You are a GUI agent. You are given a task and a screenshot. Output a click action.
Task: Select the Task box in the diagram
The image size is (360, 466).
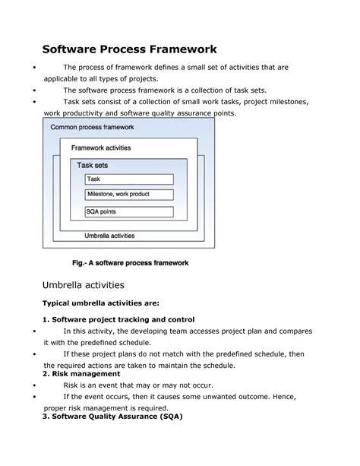coord(129,179)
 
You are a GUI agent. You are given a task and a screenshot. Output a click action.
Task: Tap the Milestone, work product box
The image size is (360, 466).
coord(129,195)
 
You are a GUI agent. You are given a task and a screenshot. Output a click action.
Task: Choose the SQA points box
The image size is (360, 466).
coord(129,212)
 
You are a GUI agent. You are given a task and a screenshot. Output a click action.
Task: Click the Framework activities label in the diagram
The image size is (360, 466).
coord(101,147)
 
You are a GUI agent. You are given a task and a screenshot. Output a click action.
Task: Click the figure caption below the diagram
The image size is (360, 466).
coord(130,263)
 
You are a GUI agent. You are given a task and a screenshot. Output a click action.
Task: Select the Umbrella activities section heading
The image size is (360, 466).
coord(84,285)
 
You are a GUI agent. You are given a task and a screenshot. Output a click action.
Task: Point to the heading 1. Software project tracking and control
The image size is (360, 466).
coord(119,319)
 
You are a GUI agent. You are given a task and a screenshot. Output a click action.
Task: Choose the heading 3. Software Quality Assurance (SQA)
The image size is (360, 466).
coord(113,417)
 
